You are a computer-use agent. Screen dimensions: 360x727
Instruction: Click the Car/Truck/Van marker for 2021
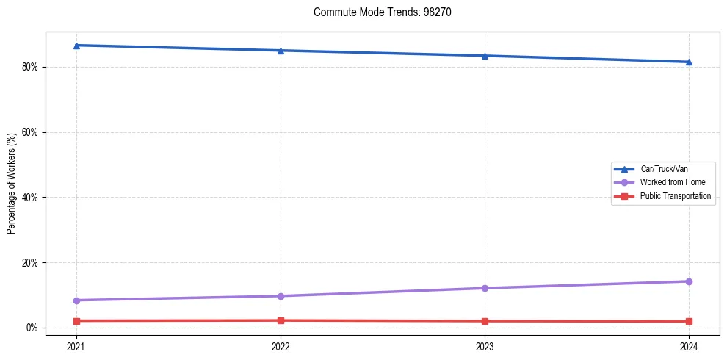(76, 46)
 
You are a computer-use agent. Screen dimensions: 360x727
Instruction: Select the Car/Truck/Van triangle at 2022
(281, 51)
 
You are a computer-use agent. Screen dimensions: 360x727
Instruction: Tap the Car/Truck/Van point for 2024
(689, 62)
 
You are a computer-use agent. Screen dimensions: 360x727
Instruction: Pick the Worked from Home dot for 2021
(76, 300)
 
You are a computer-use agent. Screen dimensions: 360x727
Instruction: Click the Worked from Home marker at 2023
(485, 288)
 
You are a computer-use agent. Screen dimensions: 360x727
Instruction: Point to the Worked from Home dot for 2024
(689, 281)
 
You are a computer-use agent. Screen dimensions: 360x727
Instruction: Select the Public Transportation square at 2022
(281, 320)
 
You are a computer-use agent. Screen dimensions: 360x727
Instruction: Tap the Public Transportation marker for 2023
(485, 321)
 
